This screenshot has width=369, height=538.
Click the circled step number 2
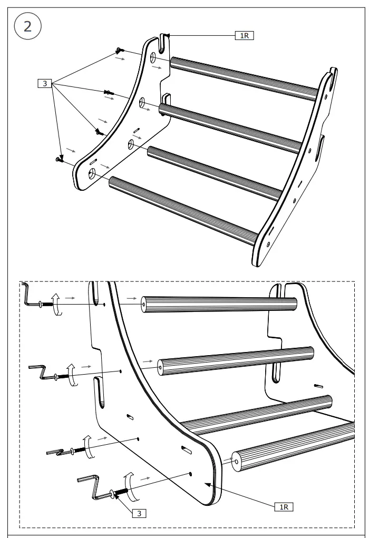click(x=27, y=26)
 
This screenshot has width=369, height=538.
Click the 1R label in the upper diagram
click(x=244, y=36)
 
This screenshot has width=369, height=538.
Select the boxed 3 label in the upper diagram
click(x=45, y=83)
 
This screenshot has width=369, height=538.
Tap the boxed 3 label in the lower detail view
click(x=138, y=513)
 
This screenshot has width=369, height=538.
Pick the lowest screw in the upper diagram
click(x=59, y=158)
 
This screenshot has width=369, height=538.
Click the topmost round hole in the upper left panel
click(x=153, y=56)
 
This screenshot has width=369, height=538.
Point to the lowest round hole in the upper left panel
click(x=93, y=172)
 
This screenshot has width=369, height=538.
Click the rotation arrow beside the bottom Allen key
click(x=128, y=486)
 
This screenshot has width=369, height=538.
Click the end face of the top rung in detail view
click(x=144, y=305)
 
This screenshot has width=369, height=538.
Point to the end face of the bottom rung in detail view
click(x=236, y=462)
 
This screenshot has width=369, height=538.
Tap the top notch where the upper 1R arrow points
click(x=164, y=40)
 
